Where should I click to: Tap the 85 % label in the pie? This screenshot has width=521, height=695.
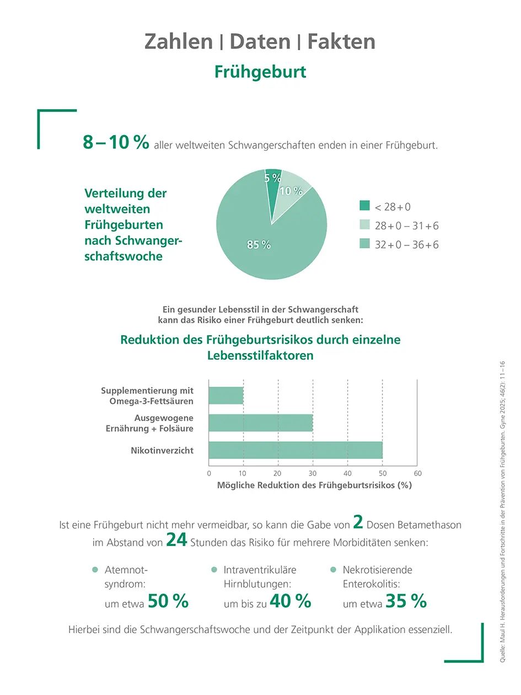(259, 245)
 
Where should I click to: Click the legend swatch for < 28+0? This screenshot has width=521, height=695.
(364, 207)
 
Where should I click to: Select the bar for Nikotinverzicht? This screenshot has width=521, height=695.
(296, 450)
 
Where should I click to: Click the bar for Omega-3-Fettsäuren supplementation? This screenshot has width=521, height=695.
(226, 395)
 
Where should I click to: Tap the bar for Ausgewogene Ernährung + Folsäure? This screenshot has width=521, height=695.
(261, 423)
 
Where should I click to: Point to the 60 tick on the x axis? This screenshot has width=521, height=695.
(417, 473)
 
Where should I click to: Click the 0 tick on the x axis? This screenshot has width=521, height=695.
(209, 473)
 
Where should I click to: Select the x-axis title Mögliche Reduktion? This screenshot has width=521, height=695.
(314, 486)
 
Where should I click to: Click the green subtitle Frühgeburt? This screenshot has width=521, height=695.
(260, 72)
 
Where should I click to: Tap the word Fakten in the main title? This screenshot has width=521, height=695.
(341, 41)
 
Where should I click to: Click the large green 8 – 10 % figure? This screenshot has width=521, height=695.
(116, 142)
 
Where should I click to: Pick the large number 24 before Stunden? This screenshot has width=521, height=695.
(176, 540)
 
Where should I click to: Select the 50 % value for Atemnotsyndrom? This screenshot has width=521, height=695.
(168, 601)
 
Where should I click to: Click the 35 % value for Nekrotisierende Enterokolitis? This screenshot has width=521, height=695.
(406, 601)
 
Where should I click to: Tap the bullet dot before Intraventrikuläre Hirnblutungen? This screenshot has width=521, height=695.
(214, 570)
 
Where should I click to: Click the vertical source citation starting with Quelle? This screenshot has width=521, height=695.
(502, 512)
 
